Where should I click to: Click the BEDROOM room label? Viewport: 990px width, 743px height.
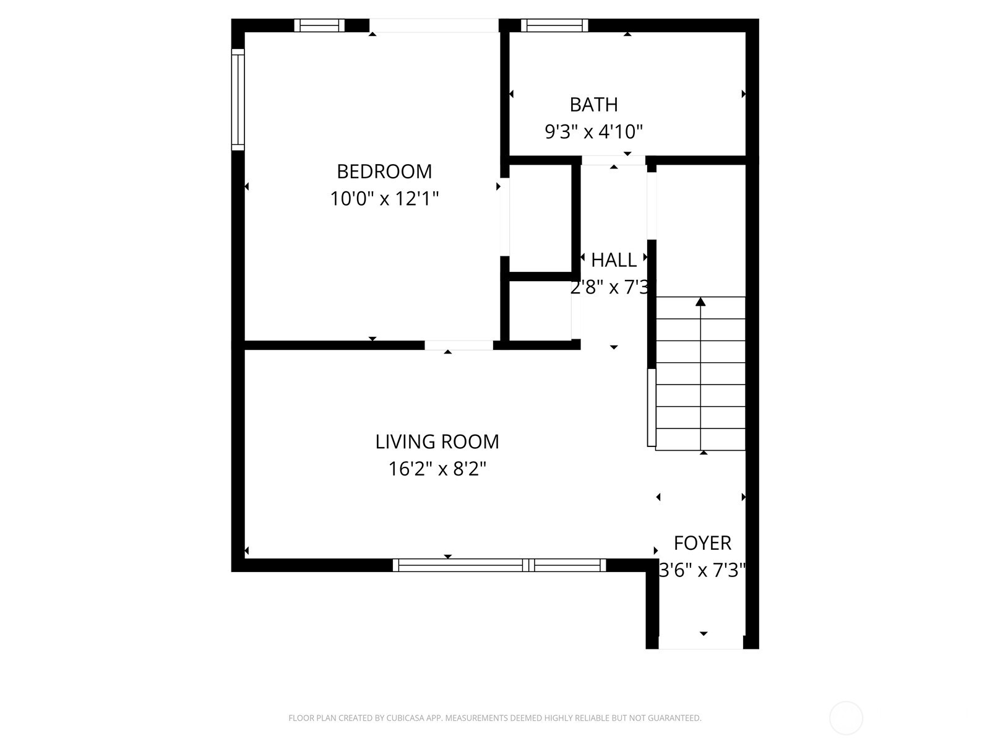[x=384, y=171]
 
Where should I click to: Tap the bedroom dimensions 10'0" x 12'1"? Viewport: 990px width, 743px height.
[x=384, y=199]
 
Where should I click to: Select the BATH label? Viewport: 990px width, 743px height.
[x=593, y=105]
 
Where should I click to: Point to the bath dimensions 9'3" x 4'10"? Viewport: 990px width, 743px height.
[x=593, y=132]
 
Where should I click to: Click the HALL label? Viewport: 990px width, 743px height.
[x=613, y=260]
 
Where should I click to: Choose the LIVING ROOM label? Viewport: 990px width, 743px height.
[x=437, y=441]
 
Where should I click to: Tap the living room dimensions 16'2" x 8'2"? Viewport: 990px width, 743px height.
[x=437, y=469]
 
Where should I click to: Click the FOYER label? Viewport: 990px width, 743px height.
[x=702, y=543]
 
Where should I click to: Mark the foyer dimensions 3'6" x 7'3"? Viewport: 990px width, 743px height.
[x=702, y=570]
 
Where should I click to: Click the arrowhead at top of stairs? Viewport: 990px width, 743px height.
[x=700, y=302]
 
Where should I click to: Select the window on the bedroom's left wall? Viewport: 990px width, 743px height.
[x=238, y=99]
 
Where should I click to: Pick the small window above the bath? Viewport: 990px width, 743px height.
[x=554, y=25]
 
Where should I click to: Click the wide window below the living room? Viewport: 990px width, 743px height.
[x=499, y=565]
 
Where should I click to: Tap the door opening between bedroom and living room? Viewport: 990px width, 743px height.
[x=458, y=345]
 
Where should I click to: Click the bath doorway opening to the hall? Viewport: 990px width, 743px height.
[x=613, y=160]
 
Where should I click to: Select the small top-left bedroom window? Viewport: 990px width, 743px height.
[x=319, y=25]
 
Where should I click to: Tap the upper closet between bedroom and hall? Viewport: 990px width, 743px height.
[x=540, y=218]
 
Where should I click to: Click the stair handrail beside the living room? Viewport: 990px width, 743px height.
[x=651, y=407]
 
